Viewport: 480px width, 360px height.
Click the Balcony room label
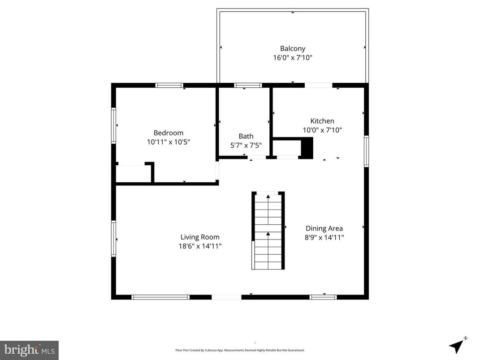(293, 48)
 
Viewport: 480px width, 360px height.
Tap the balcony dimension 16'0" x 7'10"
(293, 58)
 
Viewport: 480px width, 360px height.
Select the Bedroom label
(168, 133)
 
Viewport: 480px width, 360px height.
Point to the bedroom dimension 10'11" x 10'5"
(168, 142)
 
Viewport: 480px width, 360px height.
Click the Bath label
(246, 136)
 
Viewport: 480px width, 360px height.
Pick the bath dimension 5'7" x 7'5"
(246, 146)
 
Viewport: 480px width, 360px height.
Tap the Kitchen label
(322, 121)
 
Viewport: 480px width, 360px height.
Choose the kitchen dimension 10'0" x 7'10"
(322, 130)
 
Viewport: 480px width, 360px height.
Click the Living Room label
(200, 237)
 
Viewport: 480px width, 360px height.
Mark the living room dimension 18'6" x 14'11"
(200, 246)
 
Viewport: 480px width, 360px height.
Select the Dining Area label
(324, 228)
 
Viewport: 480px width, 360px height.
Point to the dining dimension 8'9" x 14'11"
(324, 238)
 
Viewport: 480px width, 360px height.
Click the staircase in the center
(268, 231)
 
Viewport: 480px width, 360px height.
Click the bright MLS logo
(29, 350)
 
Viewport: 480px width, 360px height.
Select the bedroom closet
(133, 174)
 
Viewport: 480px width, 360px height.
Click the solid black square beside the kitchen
(307, 148)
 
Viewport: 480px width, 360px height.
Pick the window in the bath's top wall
(248, 85)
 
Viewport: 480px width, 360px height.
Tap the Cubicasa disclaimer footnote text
(240, 350)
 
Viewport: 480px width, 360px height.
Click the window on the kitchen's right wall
(366, 151)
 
